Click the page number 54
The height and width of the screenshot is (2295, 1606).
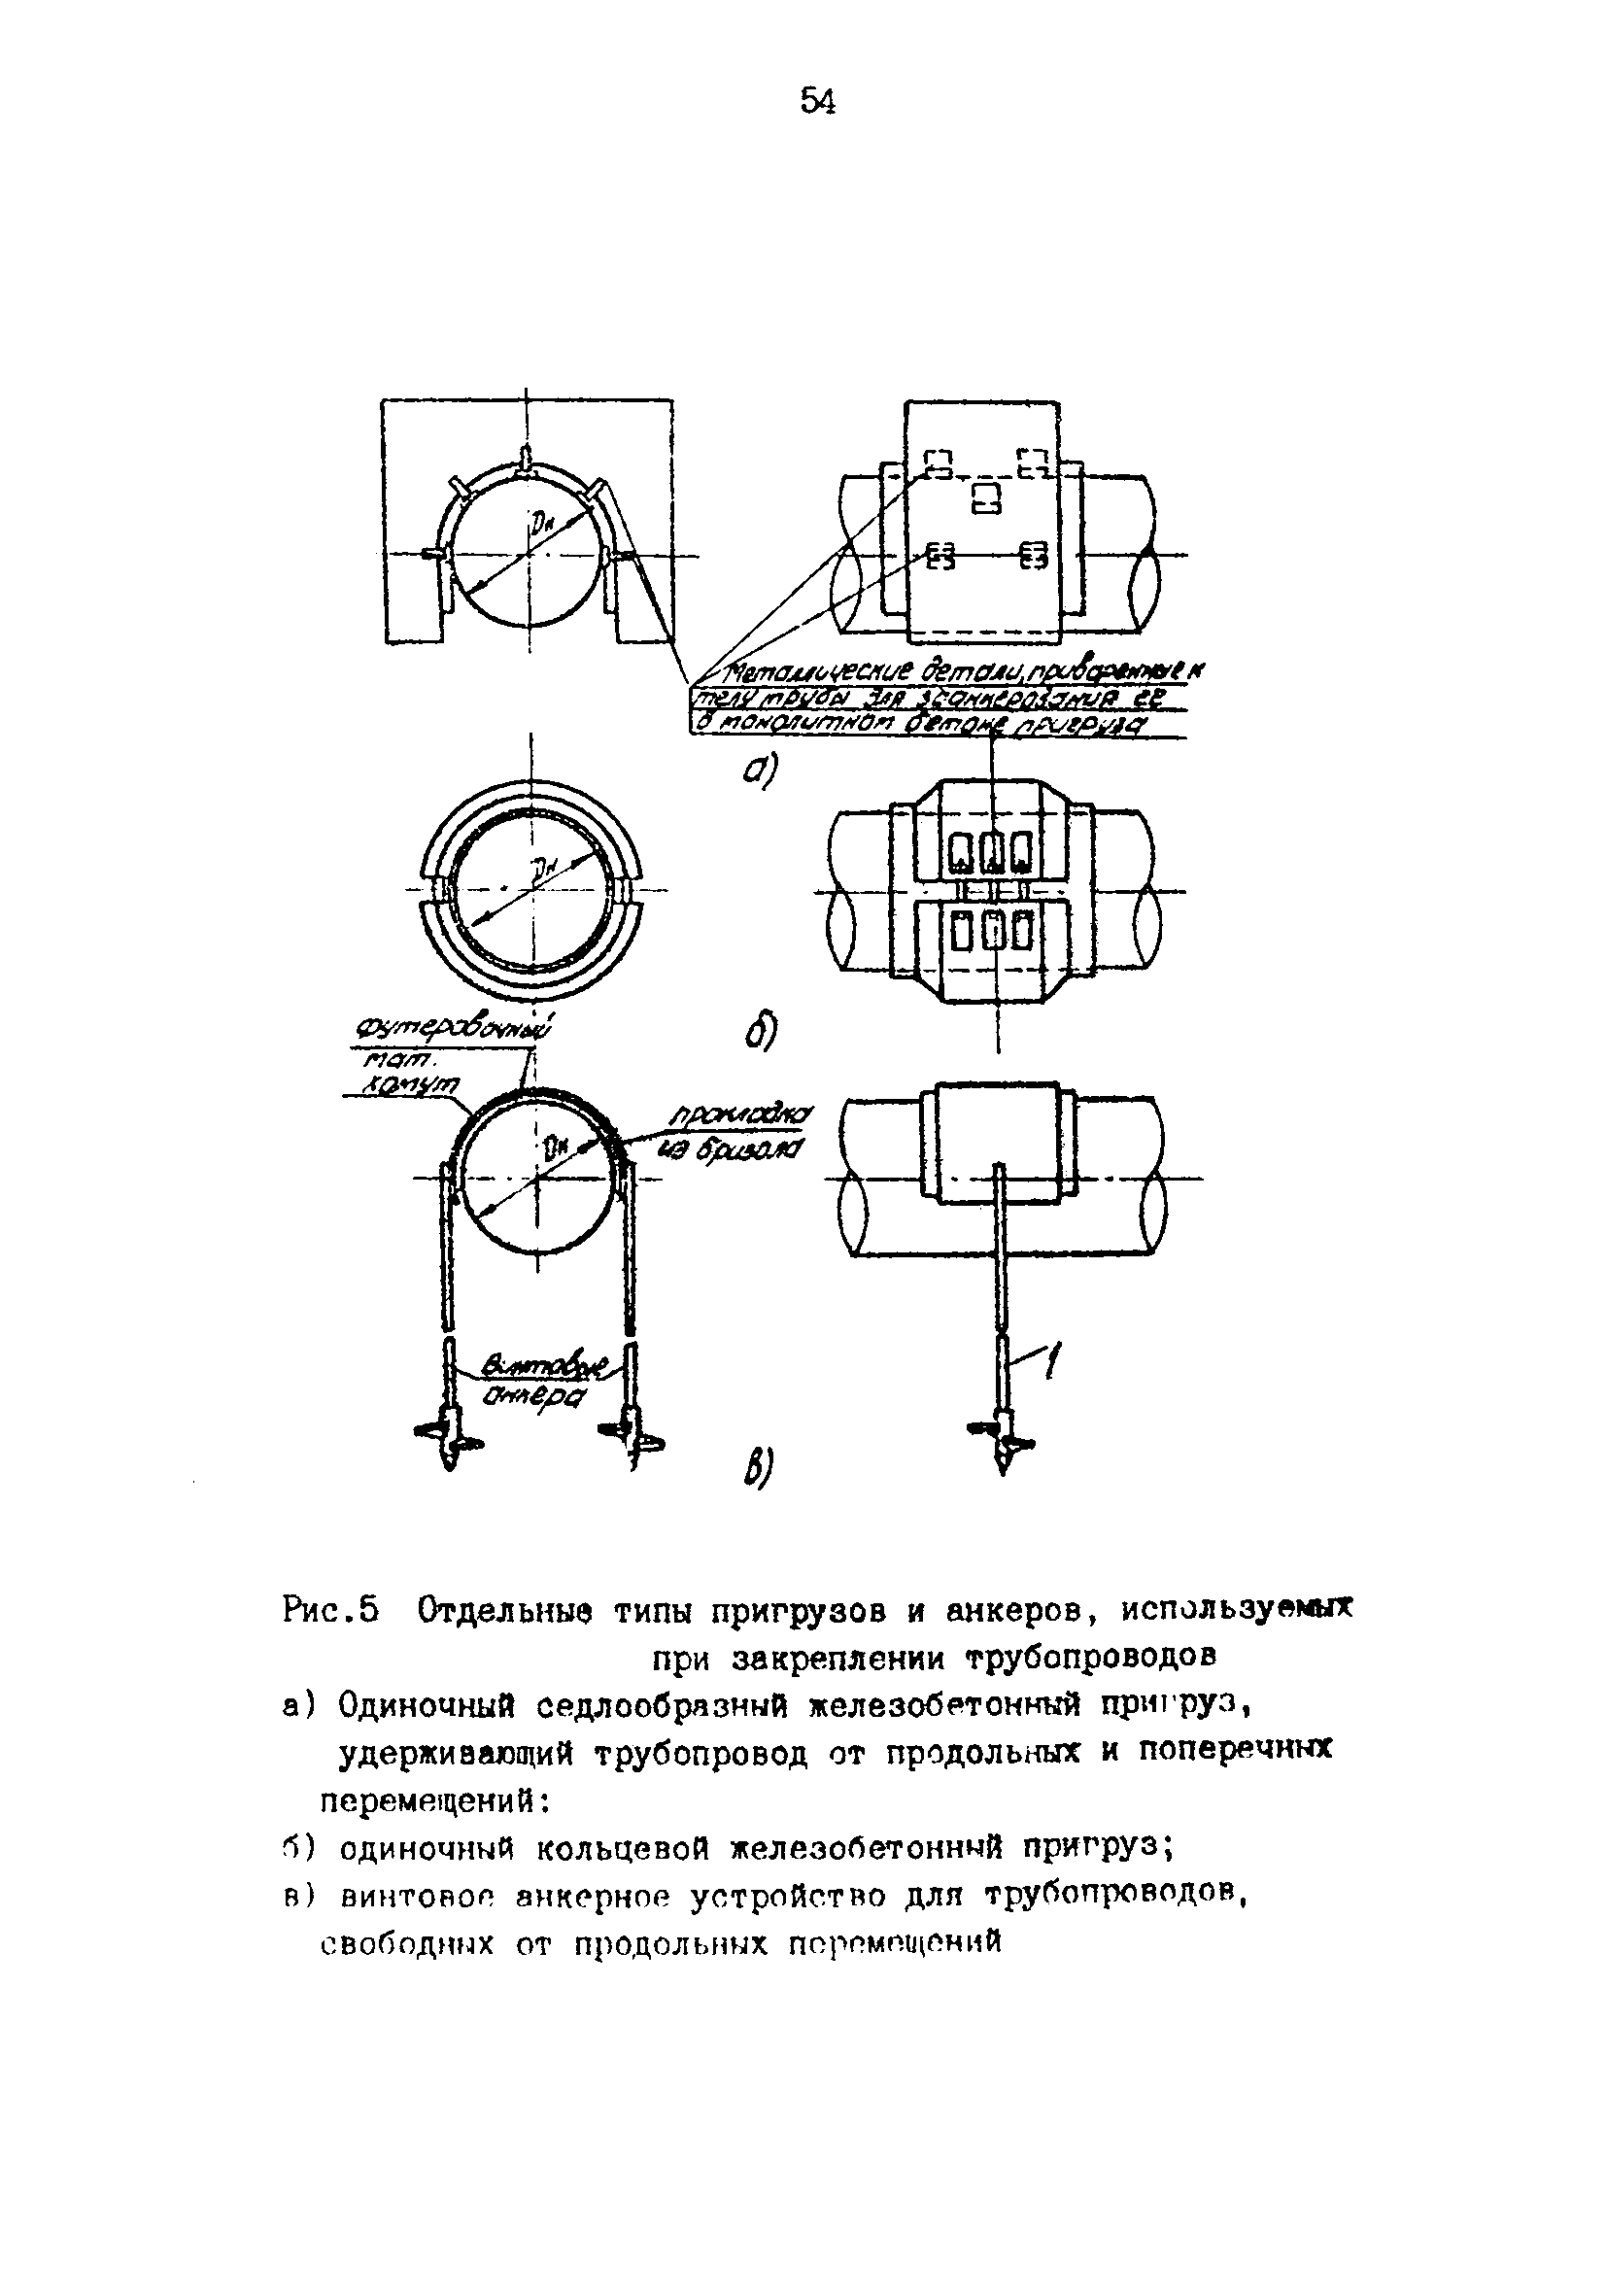(816, 102)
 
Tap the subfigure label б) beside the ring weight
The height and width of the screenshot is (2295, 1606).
(760, 1032)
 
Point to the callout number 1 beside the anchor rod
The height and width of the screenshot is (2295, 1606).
(1051, 1360)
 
